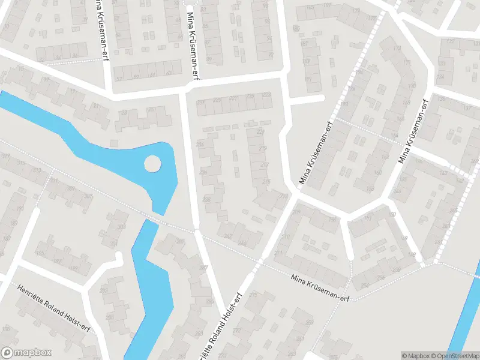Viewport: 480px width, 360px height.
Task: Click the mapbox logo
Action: coord(26,353)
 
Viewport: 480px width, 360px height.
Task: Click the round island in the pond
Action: coord(152,163)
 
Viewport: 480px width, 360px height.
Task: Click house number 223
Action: coord(267,96)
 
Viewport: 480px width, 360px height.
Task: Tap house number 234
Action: coord(200,145)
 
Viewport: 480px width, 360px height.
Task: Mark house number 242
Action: coord(228,236)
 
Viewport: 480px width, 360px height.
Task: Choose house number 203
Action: coord(104,290)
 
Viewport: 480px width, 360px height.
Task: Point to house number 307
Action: coord(88,196)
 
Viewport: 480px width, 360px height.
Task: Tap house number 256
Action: coord(364,278)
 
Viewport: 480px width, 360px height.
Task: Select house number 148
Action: coord(411,255)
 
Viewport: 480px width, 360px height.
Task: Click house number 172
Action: coord(396,48)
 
